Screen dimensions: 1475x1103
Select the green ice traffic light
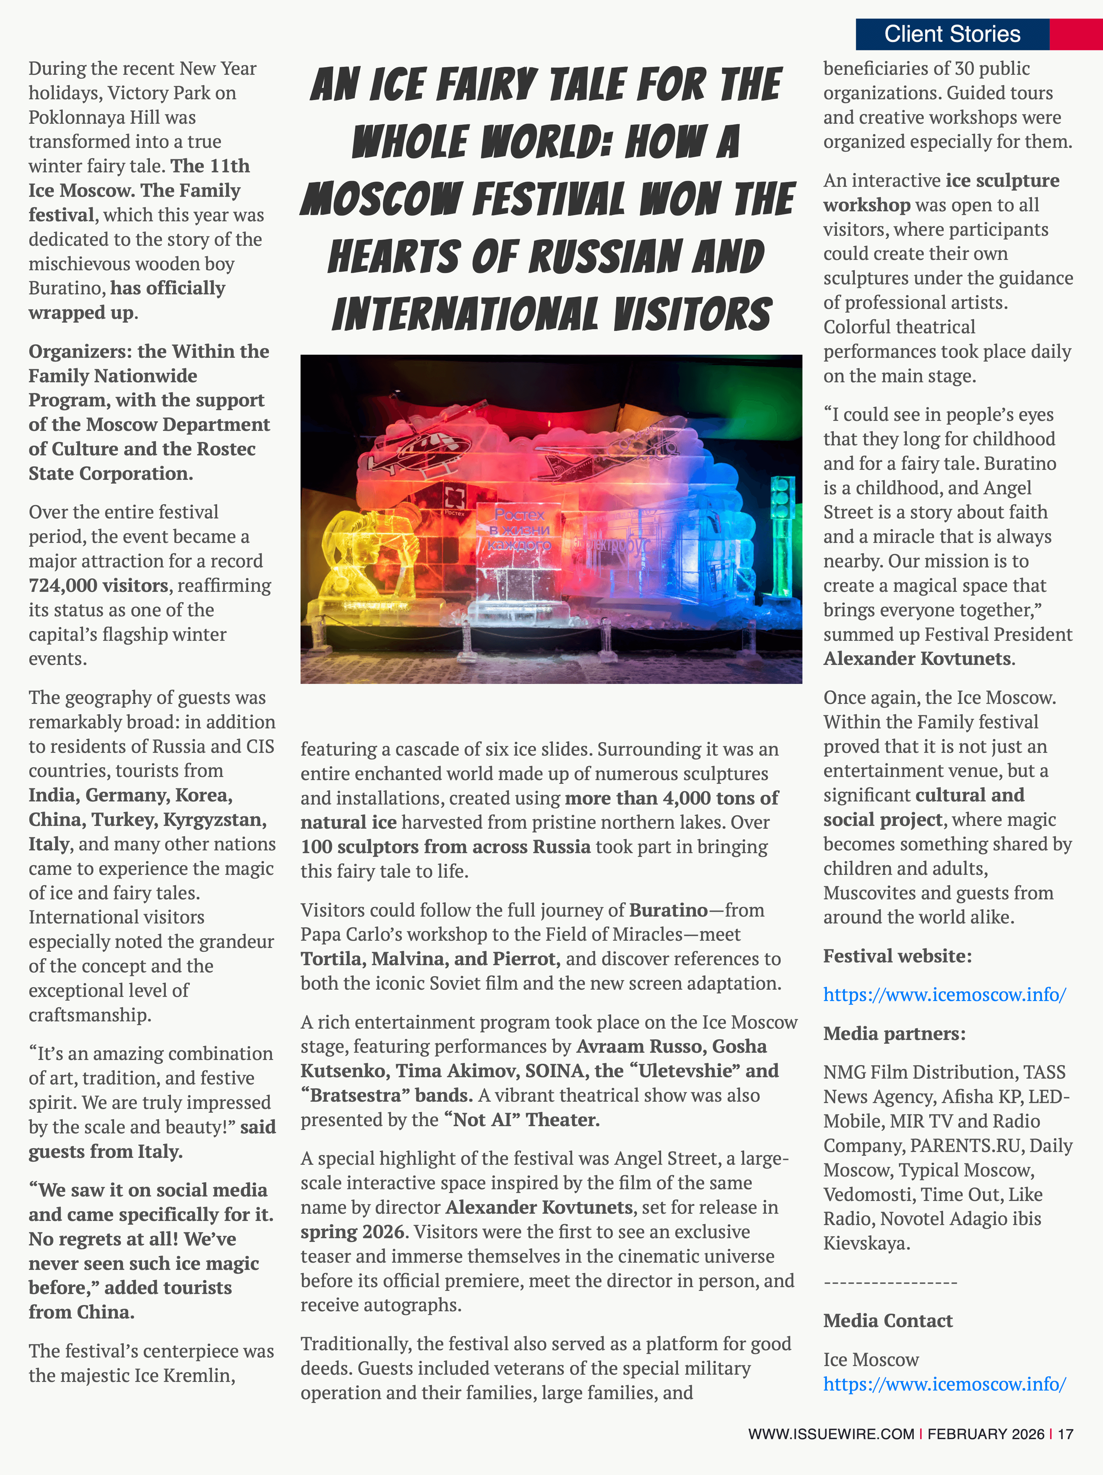782,534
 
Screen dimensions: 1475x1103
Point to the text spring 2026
352,1232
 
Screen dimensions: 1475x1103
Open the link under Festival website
944,995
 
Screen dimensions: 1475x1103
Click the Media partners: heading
894,1033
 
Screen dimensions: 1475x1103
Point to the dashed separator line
890,1282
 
